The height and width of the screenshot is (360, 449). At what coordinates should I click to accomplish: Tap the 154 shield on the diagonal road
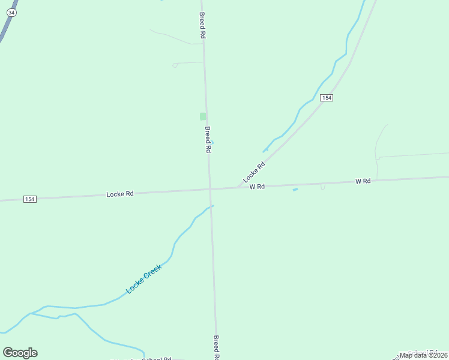326,97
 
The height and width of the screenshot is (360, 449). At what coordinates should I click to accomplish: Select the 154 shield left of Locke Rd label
29,199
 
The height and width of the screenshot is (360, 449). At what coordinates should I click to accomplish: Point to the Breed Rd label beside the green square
208,139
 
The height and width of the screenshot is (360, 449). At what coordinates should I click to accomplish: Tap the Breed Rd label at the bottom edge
216,347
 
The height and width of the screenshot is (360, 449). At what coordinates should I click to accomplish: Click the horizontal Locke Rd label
119,194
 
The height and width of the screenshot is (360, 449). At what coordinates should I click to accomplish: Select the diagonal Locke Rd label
254,173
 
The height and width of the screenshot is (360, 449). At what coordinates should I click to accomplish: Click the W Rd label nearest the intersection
257,187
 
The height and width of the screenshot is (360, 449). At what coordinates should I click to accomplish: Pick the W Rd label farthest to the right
363,181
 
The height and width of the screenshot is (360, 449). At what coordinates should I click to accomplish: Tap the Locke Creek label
143,279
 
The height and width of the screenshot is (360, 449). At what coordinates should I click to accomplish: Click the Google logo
20,353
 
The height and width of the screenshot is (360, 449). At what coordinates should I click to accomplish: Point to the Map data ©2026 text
423,355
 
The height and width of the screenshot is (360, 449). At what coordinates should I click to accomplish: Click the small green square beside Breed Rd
203,116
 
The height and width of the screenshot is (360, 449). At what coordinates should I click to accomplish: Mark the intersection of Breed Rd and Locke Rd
210,189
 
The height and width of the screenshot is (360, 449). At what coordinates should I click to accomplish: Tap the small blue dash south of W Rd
295,190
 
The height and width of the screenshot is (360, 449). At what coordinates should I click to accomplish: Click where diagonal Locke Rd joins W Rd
239,187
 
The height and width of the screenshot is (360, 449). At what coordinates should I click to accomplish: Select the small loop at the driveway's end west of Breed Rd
175,65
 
